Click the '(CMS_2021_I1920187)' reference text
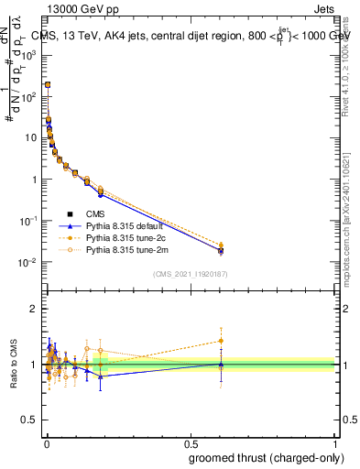click(191, 273)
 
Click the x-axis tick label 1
click(336, 442)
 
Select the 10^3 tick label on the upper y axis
click(31, 54)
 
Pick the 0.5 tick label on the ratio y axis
click(31, 420)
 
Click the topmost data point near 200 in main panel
click(48, 84)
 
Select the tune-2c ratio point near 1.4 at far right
click(220, 341)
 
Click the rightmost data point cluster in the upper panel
click(220, 248)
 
